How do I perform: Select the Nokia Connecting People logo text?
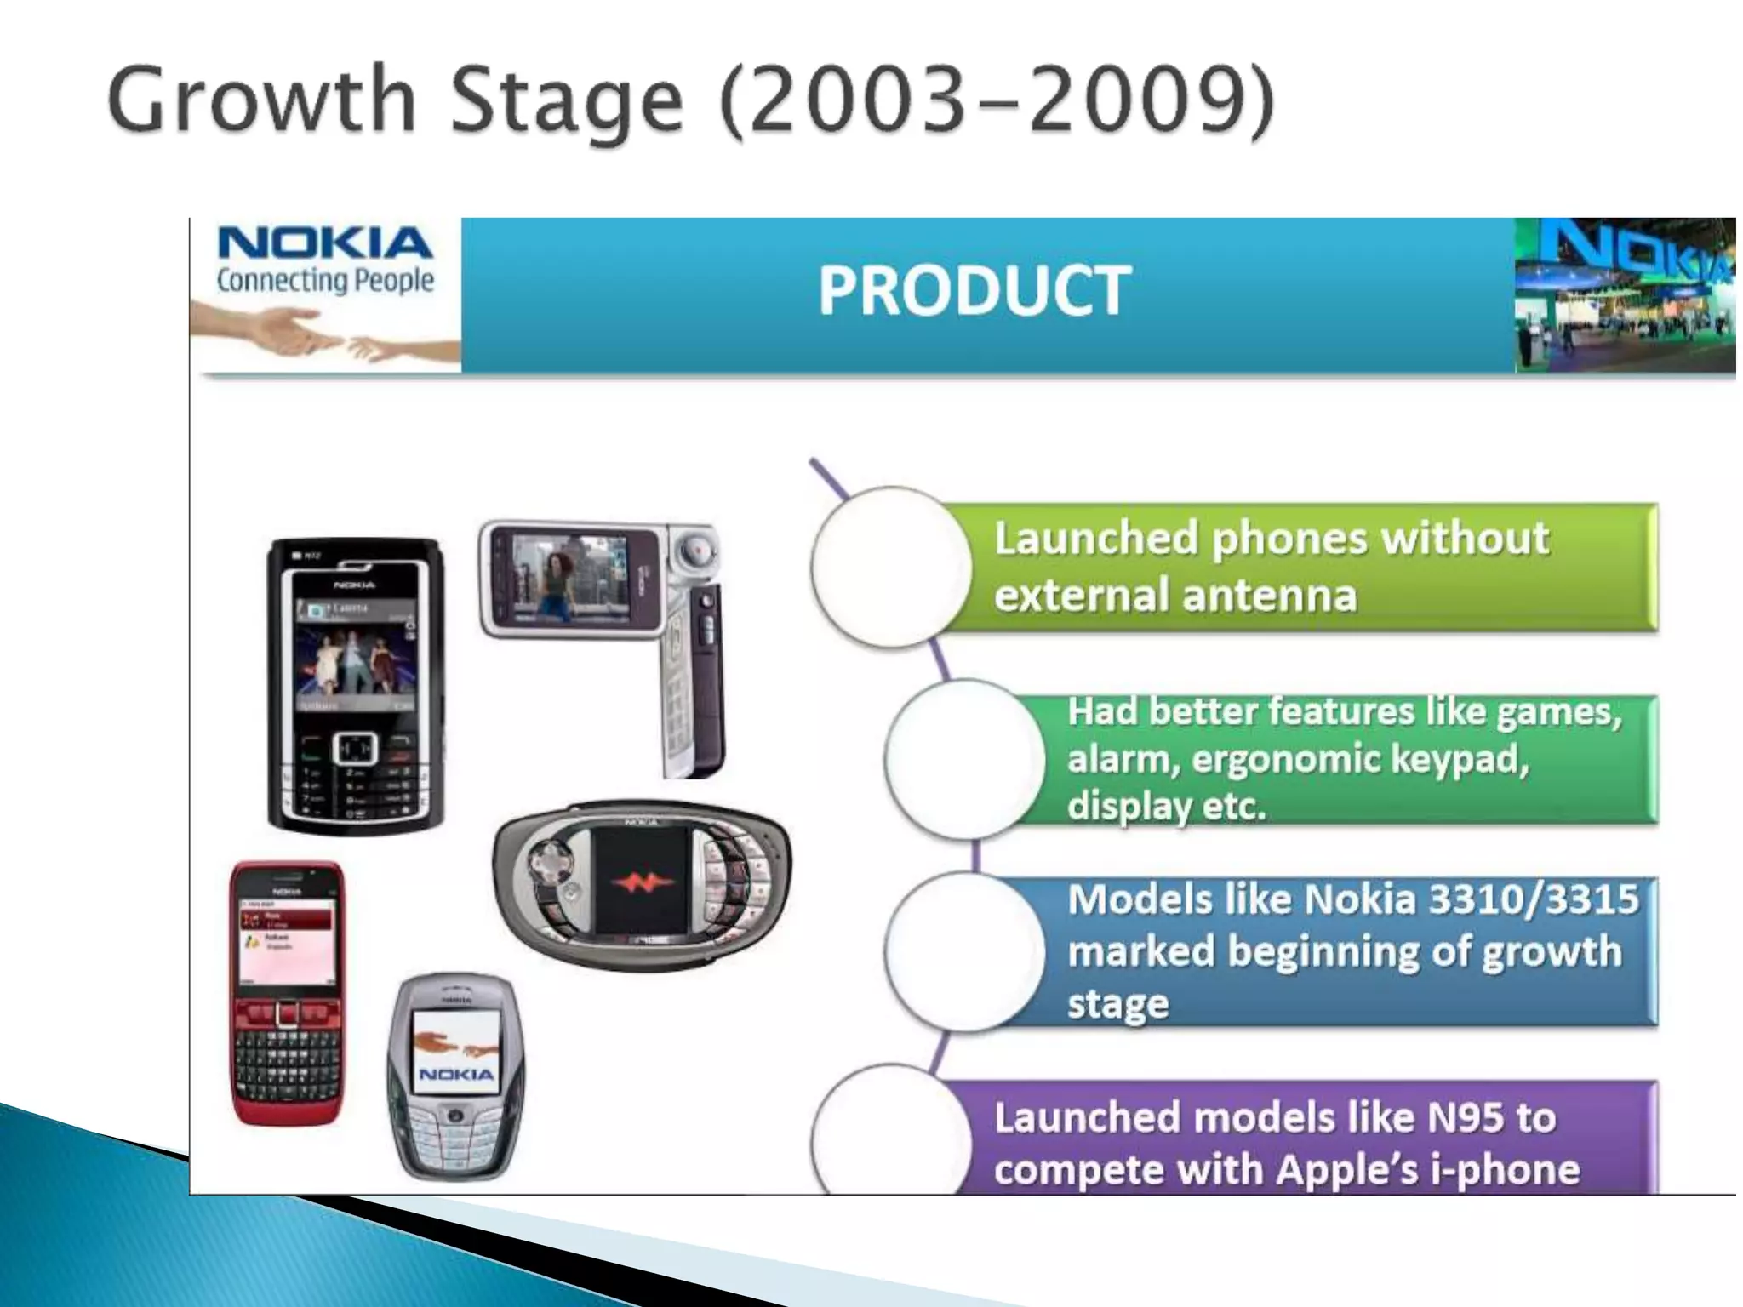coord(325,260)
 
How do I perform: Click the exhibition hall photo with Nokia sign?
coord(1624,294)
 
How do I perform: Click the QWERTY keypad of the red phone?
coord(288,1064)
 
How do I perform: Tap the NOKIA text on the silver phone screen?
coord(456,1074)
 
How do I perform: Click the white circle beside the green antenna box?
coord(890,568)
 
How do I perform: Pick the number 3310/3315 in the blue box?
coord(1532,899)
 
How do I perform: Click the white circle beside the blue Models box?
coord(964,951)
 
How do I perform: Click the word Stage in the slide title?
coord(565,100)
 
